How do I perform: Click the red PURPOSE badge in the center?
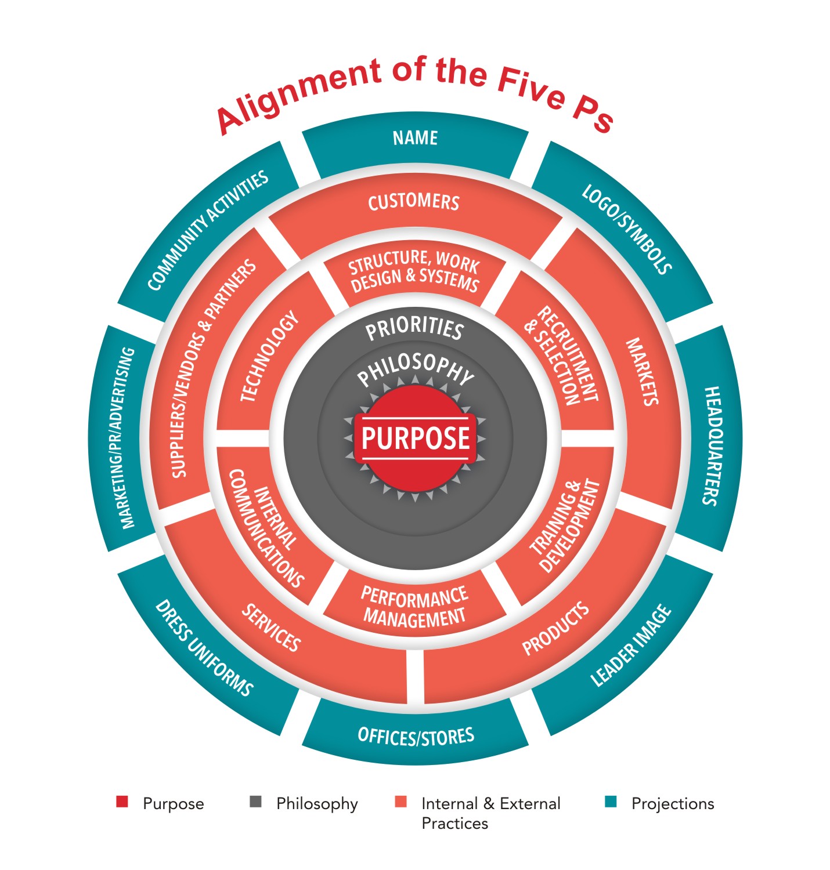tap(415, 438)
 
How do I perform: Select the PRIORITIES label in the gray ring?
tap(414, 329)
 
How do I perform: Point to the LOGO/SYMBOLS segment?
tap(627, 229)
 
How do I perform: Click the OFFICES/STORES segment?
tap(416, 737)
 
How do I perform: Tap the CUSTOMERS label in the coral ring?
tap(414, 202)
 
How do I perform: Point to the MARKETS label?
tap(641, 372)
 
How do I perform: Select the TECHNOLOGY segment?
tap(269, 357)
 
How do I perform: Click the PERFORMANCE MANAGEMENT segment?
tap(414, 606)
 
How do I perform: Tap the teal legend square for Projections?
tap(610, 802)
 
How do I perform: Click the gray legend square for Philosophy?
tap(255, 802)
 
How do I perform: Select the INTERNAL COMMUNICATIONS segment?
tap(266, 528)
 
